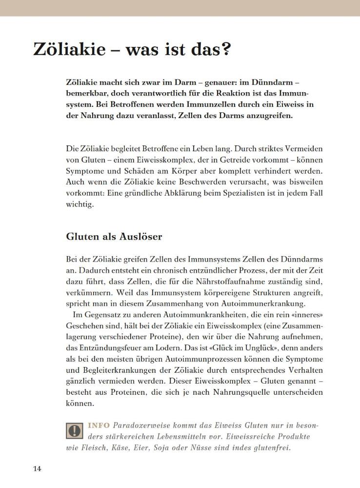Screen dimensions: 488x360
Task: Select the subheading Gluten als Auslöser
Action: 114,237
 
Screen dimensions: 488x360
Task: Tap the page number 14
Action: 37,469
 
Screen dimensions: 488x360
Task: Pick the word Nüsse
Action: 203,447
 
